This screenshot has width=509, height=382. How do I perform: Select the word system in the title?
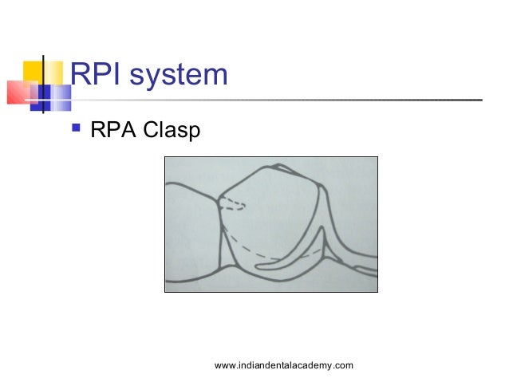(x=180, y=77)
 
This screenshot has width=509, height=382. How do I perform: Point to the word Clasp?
(x=172, y=129)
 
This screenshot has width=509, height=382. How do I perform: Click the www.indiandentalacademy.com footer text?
(x=284, y=365)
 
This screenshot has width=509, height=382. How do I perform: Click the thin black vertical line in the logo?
(x=42, y=84)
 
